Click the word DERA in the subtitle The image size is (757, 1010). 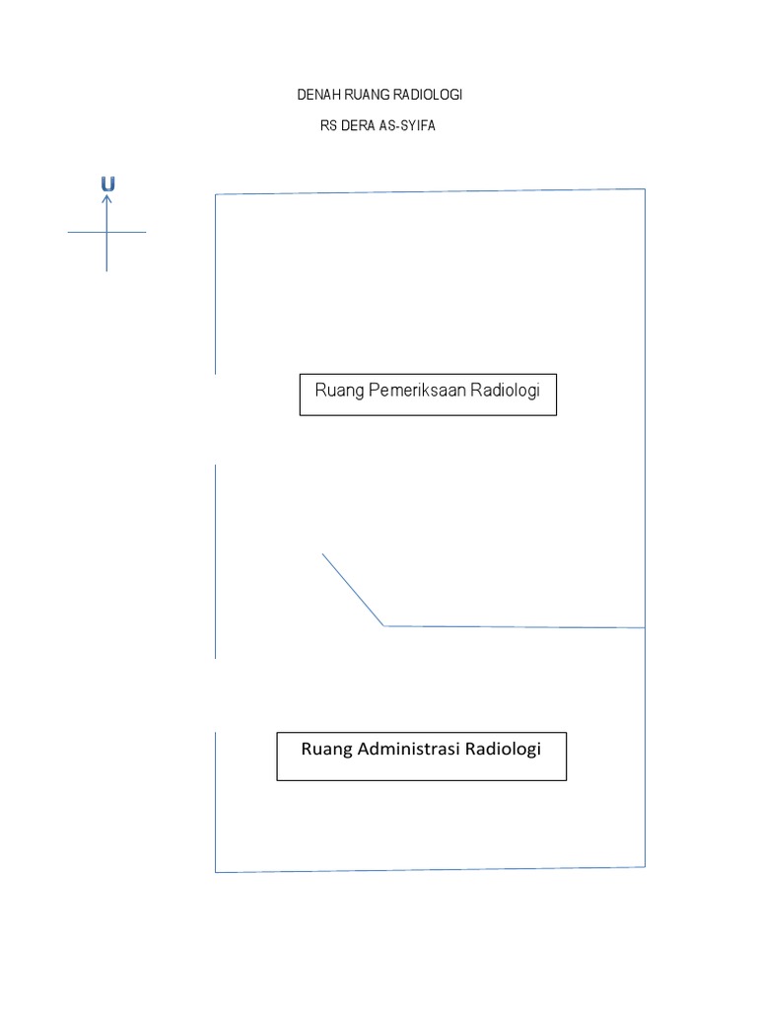[x=360, y=125]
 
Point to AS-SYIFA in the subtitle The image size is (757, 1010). [x=407, y=125]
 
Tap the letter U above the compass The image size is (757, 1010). [x=107, y=183]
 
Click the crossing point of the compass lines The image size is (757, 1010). [x=106, y=233]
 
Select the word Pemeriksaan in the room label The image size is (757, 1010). [x=416, y=391]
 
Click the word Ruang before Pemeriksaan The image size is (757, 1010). [x=338, y=391]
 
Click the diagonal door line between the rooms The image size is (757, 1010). [x=353, y=589]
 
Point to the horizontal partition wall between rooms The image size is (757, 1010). [x=513, y=626]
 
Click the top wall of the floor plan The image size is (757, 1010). [x=430, y=191]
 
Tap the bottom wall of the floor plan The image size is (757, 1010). [x=430, y=869]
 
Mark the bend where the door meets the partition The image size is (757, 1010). [x=384, y=625]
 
